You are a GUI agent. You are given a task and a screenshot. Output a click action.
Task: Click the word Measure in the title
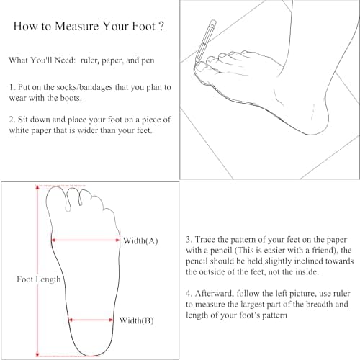click(77, 26)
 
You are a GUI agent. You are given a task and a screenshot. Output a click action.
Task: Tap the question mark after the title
click(161, 26)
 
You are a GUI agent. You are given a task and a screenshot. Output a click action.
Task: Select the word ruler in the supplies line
click(90, 60)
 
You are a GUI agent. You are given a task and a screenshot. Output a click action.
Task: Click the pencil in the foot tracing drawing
click(205, 41)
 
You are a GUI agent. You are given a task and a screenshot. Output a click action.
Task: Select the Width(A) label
click(140, 240)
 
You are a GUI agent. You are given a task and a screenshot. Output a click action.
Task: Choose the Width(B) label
click(137, 320)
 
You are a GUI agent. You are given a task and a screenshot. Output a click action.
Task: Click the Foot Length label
click(39, 279)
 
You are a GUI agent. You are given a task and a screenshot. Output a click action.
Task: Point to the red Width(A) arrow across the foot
click(86, 240)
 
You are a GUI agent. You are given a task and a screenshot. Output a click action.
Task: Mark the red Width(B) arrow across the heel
click(91, 320)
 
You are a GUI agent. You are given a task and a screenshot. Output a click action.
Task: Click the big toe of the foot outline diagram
click(55, 198)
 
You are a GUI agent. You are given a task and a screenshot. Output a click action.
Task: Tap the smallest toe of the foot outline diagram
click(109, 215)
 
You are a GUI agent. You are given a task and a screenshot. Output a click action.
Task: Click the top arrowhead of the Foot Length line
click(37, 187)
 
